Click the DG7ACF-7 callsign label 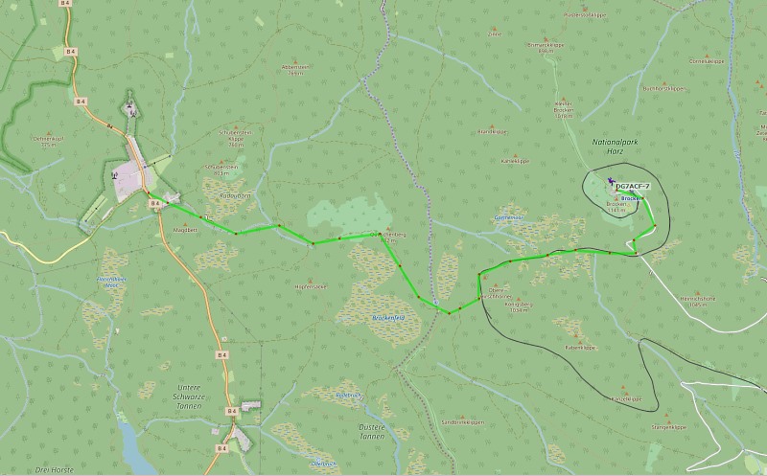point(634,186)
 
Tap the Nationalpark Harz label point(615,147)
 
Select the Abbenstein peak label point(293,69)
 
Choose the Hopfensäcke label point(311,286)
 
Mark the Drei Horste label point(55,469)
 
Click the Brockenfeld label point(388,317)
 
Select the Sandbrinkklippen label point(463,422)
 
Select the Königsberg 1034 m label point(521,306)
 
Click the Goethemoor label point(506,218)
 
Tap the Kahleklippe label point(516,161)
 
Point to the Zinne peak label point(496,33)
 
